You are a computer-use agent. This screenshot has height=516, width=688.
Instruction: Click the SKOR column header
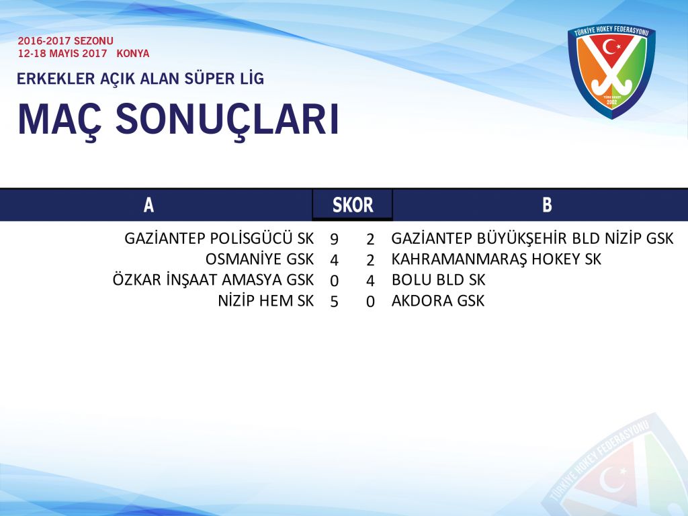pyautogui.click(x=353, y=205)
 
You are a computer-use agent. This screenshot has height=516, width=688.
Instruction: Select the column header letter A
pyautogui.click(x=148, y=205)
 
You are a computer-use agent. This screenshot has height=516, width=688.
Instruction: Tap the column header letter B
pyautogui.click(x=547, y=205)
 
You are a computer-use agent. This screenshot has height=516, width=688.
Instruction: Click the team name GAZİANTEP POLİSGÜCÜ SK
pyautogui.click(x=219, y=239)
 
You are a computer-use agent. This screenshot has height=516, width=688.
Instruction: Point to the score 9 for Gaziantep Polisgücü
pyautogui.click(x=334, y=239)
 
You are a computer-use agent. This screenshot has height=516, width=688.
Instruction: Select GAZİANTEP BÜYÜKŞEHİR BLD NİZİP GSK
pyautogui.click(x=532, y=239)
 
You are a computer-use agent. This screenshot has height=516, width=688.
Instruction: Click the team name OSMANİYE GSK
pyautogui.click(x=260, y=259)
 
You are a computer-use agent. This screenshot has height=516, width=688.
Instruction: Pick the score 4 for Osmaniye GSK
pyautogui.click(x=334, y=260)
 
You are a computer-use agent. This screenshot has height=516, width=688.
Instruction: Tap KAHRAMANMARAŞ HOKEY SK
pyautogui.click(x=497, y=259)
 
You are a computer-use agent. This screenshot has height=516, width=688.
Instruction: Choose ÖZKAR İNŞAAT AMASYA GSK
pyautogui.click(x=213, y=279)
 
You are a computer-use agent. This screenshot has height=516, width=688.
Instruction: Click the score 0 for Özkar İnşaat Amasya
pyautogui.click(x=334, y=281)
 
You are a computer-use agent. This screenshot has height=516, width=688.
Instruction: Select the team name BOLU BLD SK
pyautogui.click(x=438, y=279)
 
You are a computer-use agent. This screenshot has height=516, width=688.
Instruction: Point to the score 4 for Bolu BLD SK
pyautogui.click(x=370, y=281)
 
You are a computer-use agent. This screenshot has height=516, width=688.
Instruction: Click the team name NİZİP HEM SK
pyautogui.click(x=266, y=300)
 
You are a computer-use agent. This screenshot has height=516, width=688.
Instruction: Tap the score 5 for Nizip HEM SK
pyautogui.click(x=334, y=302)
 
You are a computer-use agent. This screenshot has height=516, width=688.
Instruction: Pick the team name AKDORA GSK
pyautogui.click(x=438, y=300)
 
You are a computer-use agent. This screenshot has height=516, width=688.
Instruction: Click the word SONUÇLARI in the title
pyautogui.click(x=227, y=120)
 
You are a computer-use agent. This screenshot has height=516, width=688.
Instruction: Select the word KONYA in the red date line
pyautogui.click(x=133, y=54)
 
